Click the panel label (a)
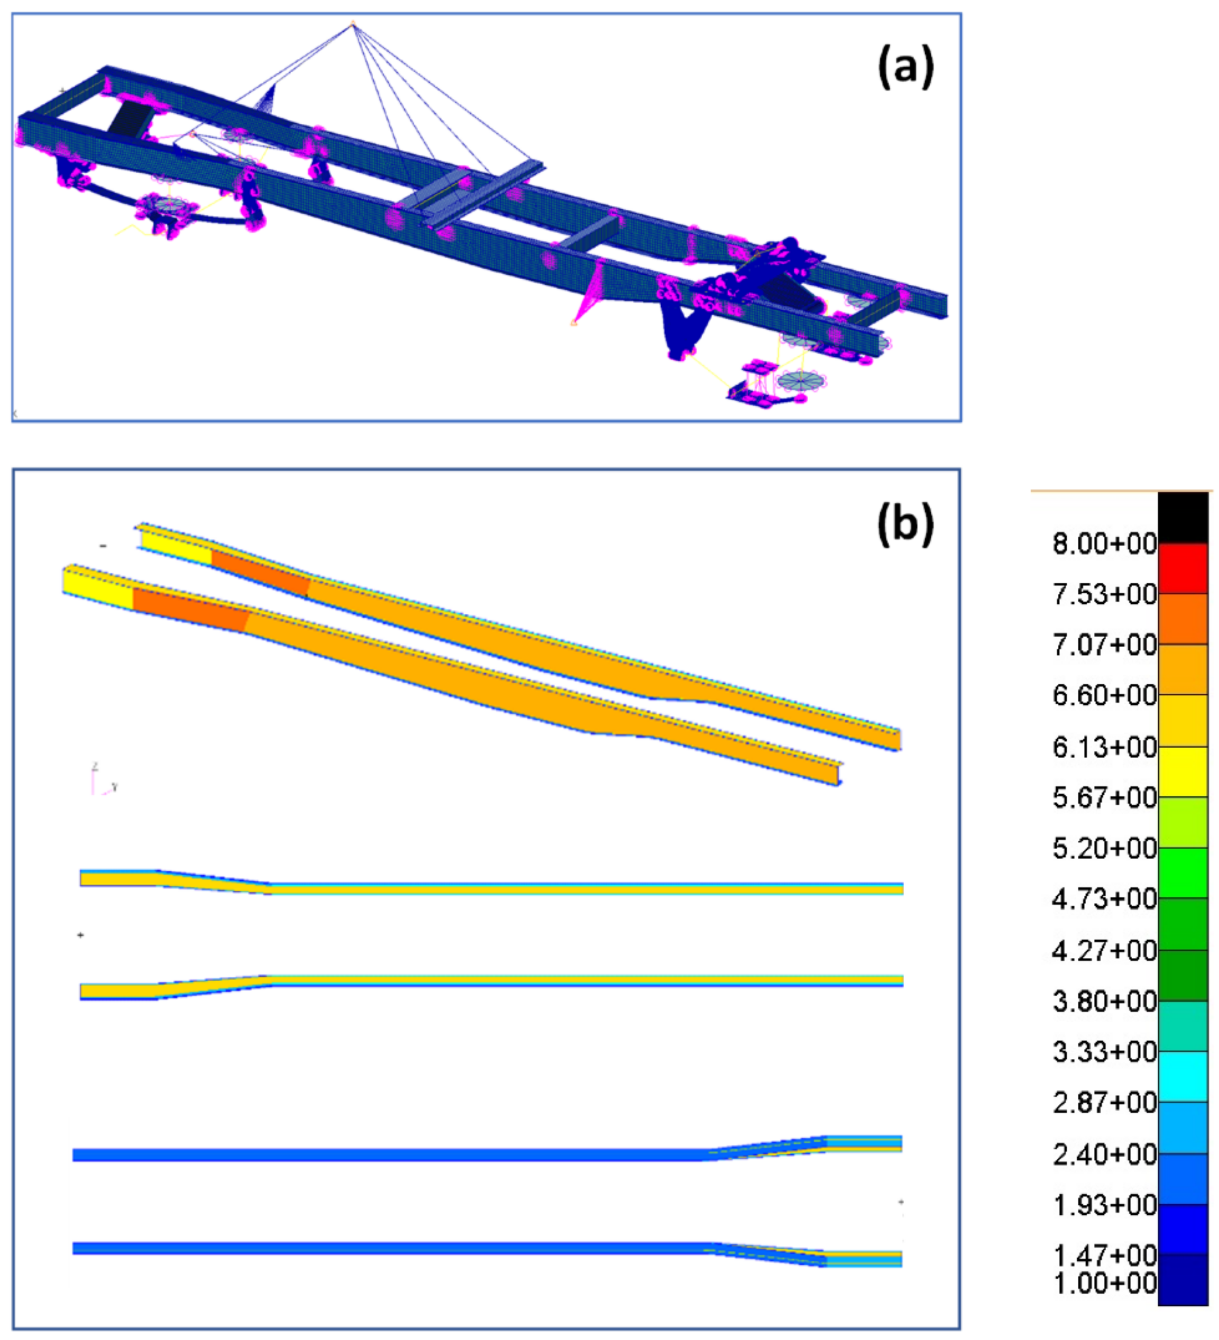tap(905, 67)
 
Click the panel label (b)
tap(905, 524)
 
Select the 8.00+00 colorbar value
tap(1104, 544)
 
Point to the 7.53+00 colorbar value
tap(1104, 594)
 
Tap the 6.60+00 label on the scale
tap(1104, 695)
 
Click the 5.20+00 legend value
tap(1104, 849)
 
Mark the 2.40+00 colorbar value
tap(1104, 1154)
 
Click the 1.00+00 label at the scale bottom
tap(1104, 1283)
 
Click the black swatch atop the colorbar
tap(1183, 518)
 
